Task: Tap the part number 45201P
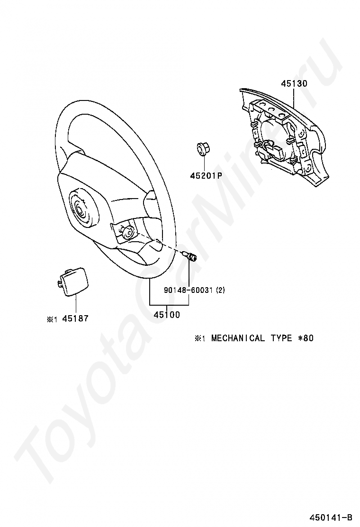[206, 175]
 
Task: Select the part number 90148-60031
[189, 290]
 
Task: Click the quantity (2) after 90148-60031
[220, 290]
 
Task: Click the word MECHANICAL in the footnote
[238, 338]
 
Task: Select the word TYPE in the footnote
[281, 338]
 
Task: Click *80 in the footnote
[306, 338]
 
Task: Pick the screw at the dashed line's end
[191, 257]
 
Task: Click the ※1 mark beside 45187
[52, 319]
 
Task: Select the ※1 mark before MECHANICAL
[198, 338]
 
